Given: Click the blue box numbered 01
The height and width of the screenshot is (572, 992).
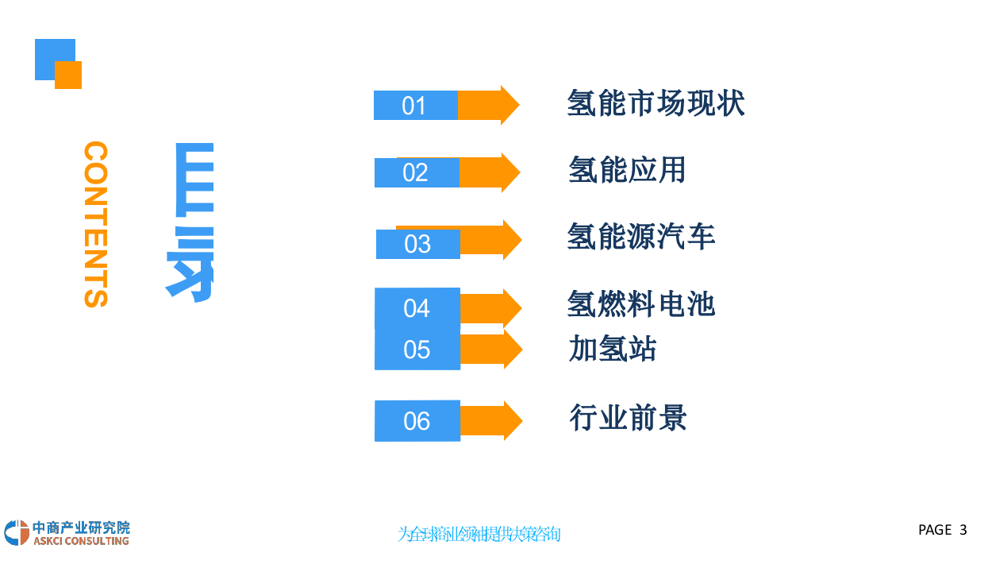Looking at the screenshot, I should [415, 106].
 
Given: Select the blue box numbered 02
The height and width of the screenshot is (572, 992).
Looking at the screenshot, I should [417, 172].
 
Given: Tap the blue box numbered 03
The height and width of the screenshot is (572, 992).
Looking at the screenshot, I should [417, 244].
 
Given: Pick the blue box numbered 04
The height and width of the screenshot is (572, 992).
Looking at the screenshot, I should [417, 308].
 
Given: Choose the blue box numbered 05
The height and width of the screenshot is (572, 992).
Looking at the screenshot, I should [417, 350].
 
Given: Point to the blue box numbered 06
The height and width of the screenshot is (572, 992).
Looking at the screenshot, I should [417, 421].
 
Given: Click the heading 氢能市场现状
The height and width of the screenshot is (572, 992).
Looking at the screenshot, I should [656, 103].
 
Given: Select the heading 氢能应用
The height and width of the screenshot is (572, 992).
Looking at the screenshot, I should [627, 169].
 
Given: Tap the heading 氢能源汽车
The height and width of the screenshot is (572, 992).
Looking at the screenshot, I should [641, 236].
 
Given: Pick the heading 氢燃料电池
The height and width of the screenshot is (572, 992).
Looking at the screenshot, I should [641, 303].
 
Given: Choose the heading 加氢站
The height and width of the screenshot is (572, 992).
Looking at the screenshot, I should [612, 348].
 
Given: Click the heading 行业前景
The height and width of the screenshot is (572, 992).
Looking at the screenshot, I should [628, 417].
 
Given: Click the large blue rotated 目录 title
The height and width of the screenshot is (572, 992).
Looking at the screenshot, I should [190, 222].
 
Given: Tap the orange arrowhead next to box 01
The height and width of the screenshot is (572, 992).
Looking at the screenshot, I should [508, 105].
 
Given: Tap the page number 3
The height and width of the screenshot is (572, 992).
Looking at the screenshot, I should [963, 530].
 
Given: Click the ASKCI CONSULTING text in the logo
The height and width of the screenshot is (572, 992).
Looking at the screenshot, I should [81, 541].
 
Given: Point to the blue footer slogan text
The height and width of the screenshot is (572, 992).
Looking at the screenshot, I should [479, 534].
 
